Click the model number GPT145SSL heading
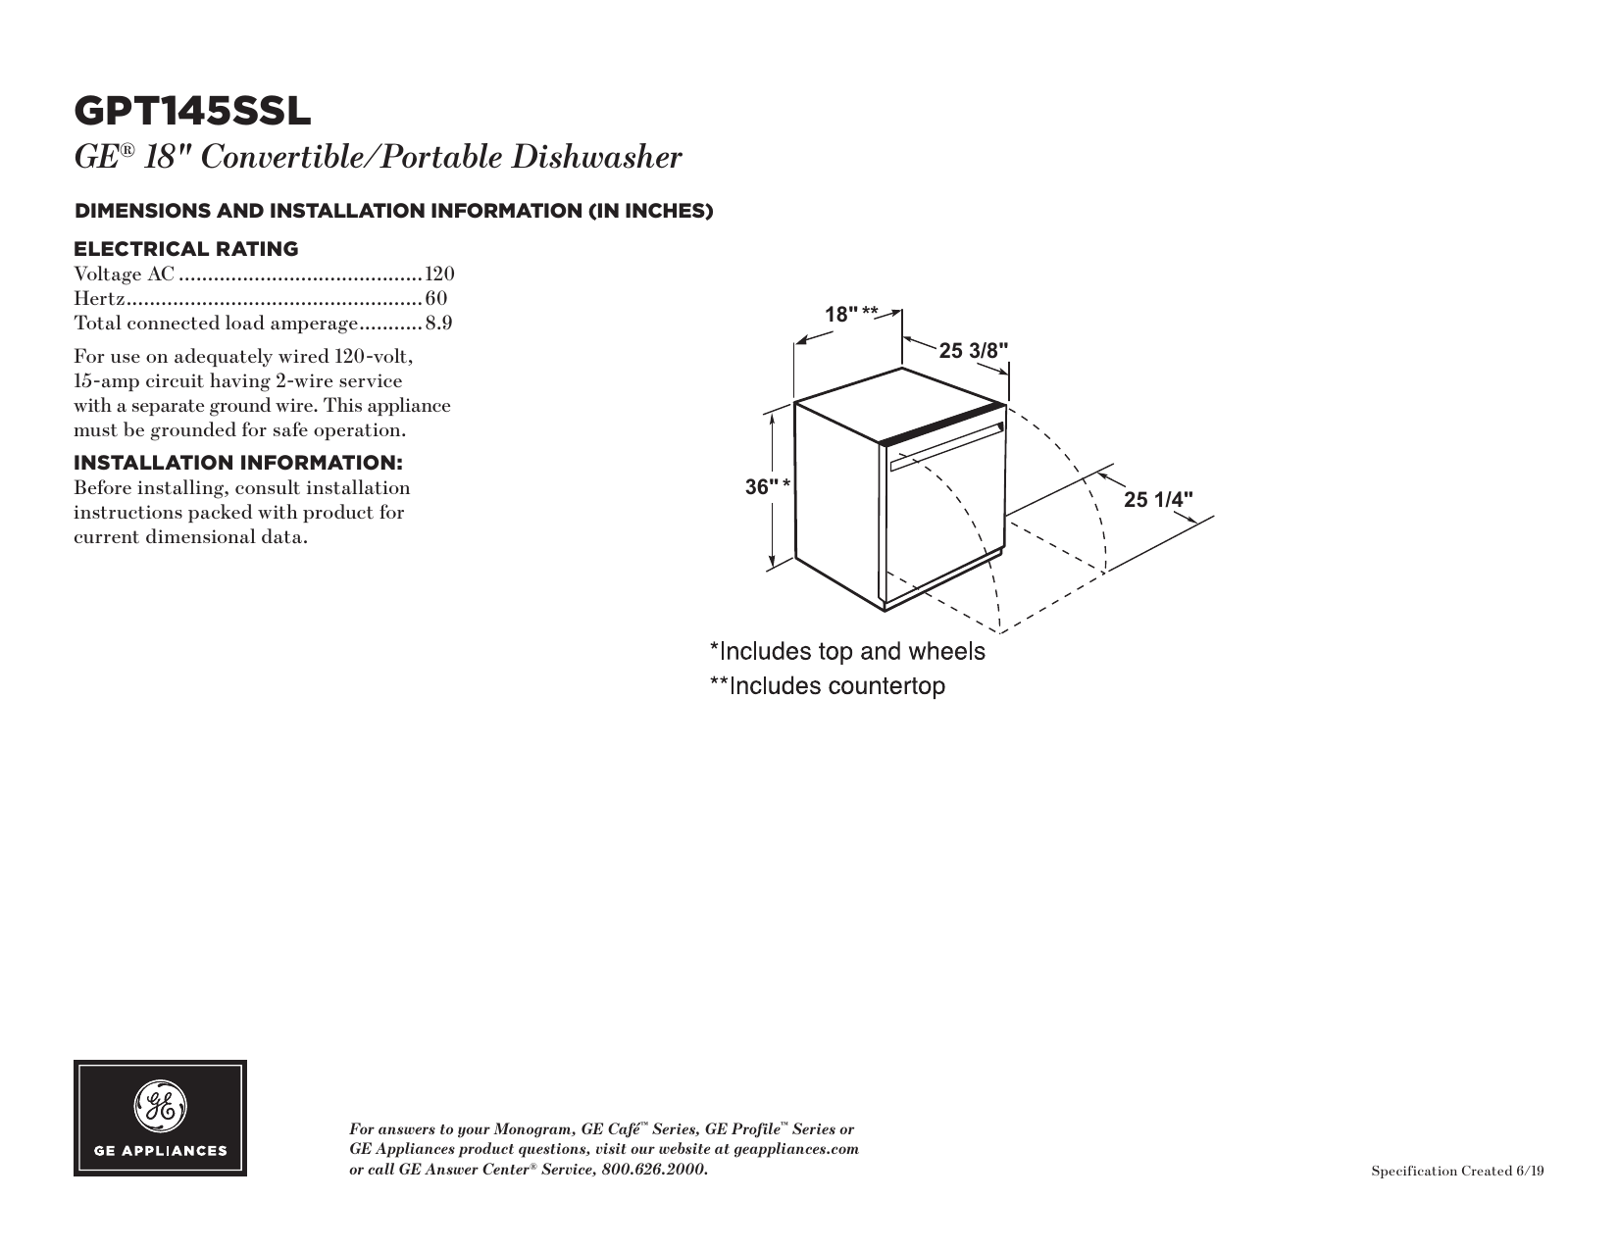point(192,112)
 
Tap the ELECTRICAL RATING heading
point(186,249)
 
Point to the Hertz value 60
point(436,298)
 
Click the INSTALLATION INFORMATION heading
point(239,463)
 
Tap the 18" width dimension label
point(840,315)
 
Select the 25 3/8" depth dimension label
point(973,351)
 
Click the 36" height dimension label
point(762,486)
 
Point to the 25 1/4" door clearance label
point(1159,499)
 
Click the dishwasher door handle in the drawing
point(945,444)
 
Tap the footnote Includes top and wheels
point(847,651)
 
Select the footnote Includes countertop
point(828,686)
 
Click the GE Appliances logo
point(160,1118)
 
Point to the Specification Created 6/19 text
point(1457,1172)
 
